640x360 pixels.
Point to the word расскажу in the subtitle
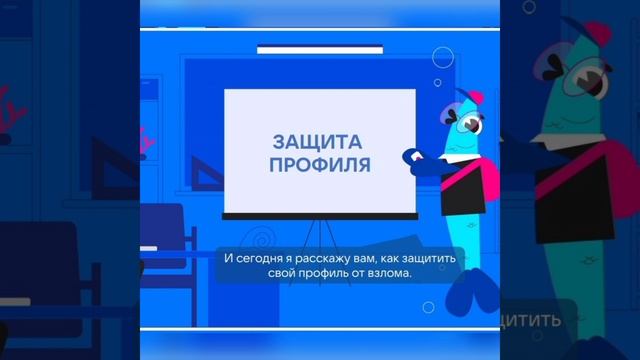coord(329,258)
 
